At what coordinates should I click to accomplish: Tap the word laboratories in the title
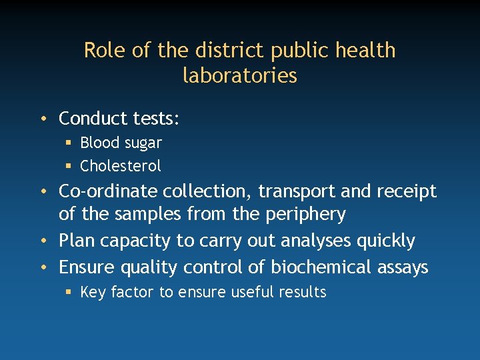click(x=240, y=75)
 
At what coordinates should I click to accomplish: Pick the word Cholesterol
click(x=121, y=165)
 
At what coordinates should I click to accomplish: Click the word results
click(x=303, y=292)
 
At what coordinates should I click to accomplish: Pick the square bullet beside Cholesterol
click(x=69, y=165)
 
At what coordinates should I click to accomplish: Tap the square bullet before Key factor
click(x=69, y=292)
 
